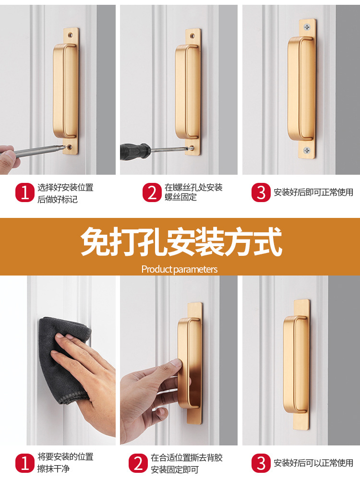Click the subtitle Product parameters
[180, 269]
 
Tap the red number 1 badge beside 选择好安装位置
[25, 192]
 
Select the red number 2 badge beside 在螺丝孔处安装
[152, 192]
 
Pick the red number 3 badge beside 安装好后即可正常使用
[261, 192]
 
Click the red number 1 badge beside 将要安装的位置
[25, 463]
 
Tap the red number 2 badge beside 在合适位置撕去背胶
[138, 463]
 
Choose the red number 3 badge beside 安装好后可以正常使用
[261, 463]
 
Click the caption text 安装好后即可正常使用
[313, 192]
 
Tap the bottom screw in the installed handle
[307, 151]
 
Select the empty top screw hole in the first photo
[71, 35]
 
